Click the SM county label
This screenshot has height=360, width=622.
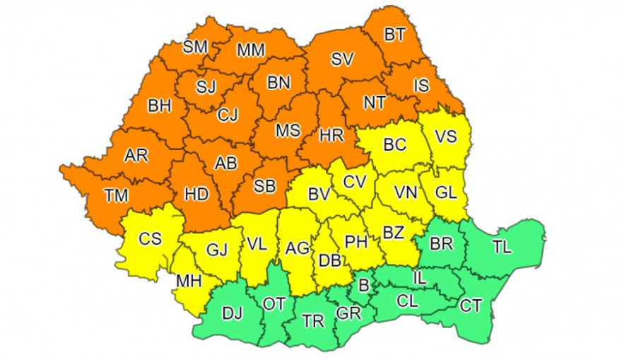click(195, 47)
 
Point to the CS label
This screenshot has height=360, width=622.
click(150, 239)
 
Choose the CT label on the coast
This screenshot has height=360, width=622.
click(471, 306)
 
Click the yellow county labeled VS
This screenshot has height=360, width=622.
click(445, 137)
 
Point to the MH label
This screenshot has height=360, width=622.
click(189, 281)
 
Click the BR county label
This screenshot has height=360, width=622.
click(442, 244)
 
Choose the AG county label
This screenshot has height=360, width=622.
click(298, 248)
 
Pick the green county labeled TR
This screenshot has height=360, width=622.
click(312, 321)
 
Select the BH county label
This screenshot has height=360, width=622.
click(160, 106)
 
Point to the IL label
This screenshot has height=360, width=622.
click(420, 278)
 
